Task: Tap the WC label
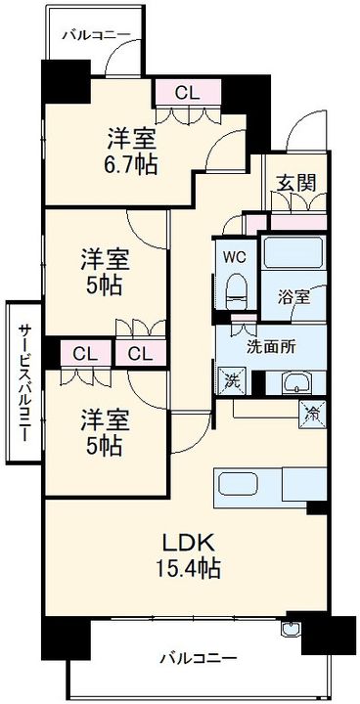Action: click(x=234, y=258)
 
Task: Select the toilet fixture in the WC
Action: click(x=235, y=289)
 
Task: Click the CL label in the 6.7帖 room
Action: click(x=189, y=92)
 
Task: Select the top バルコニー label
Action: click(x=96, y=34)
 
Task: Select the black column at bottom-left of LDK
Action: click(x=64, y=640)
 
